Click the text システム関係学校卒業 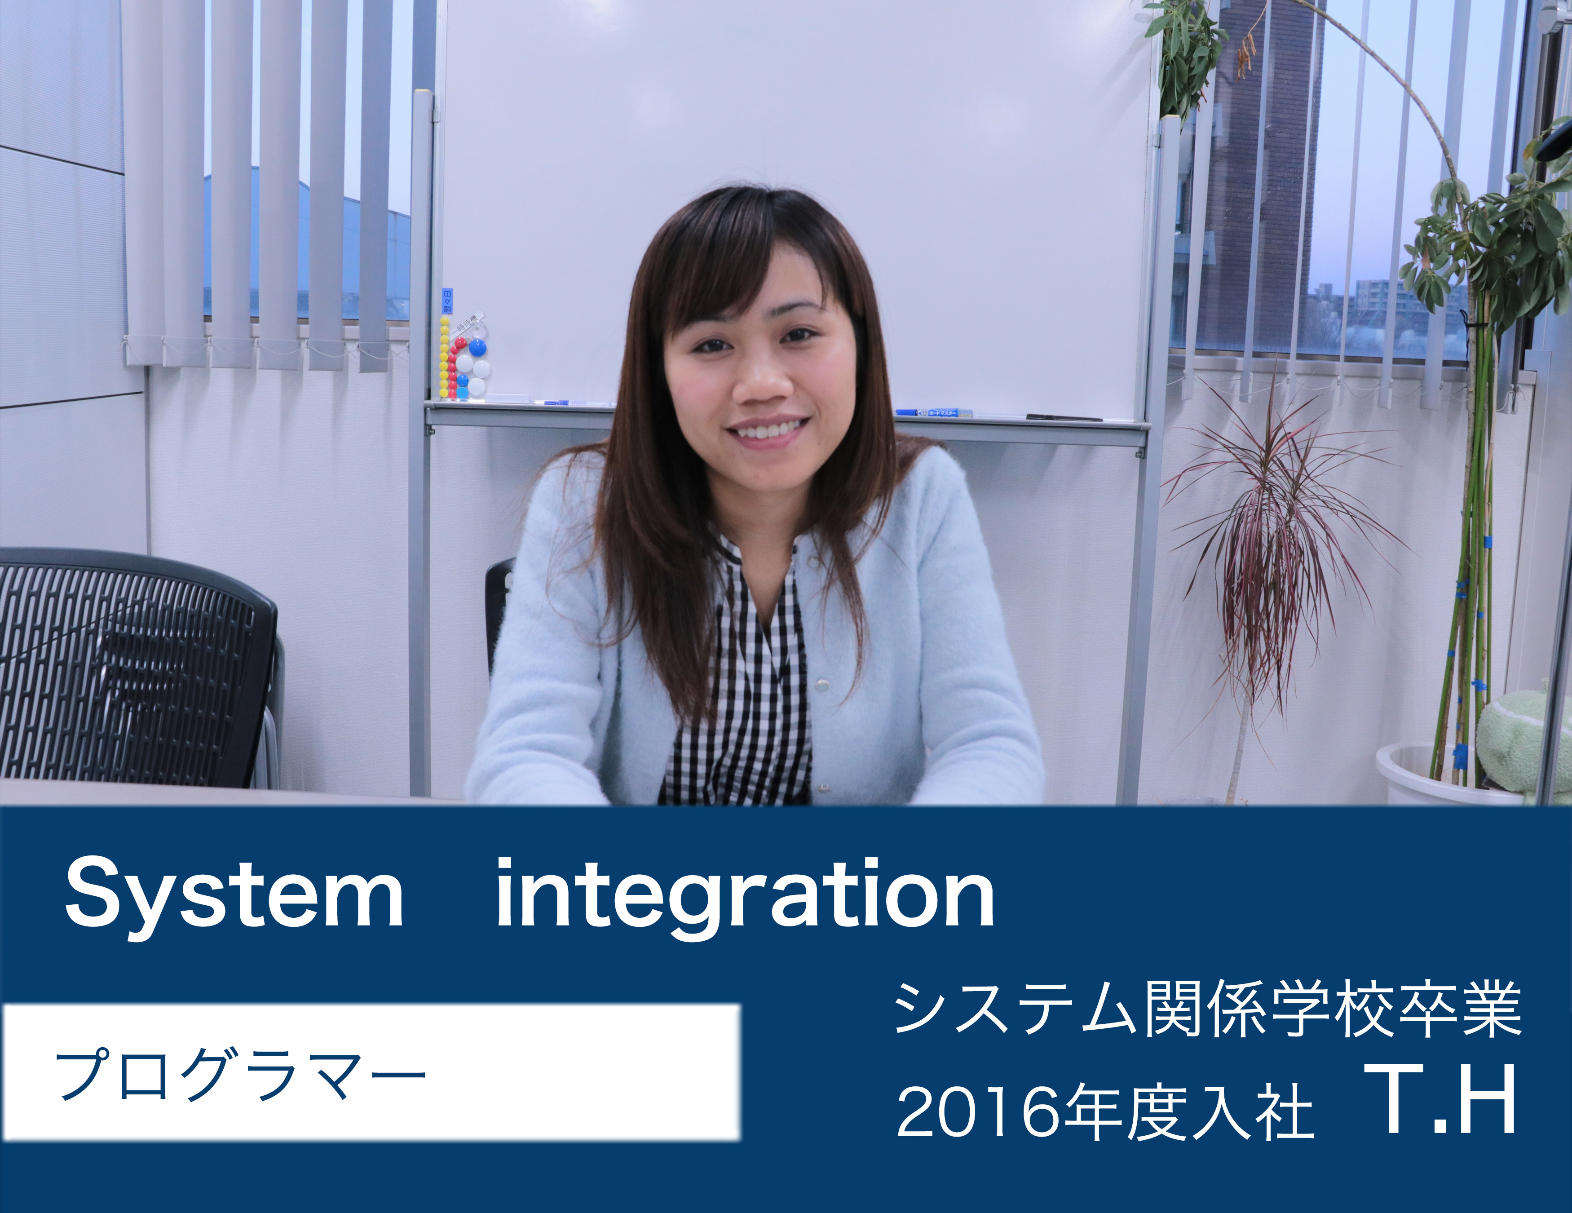tap(1207, 1009)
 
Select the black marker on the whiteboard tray tap(1064, 417)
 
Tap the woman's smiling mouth tap(767, 430)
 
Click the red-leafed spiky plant tap(1274, 554)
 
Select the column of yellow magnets tap(444, 358)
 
